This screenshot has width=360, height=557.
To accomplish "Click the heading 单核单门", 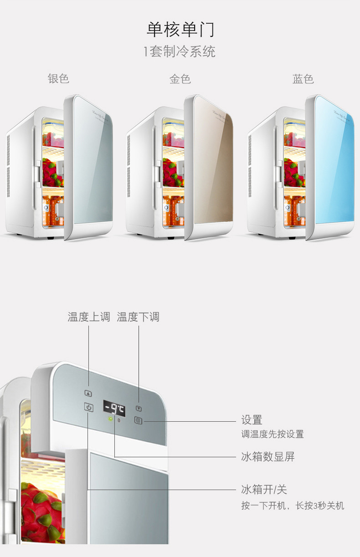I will click(180, 29).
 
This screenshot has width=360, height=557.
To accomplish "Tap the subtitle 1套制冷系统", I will click(180, 51).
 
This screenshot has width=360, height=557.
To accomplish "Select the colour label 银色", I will click(58, 78).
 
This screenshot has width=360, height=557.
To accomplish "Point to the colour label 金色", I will click(180, 79).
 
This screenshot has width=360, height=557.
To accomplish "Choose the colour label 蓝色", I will click(303, 79).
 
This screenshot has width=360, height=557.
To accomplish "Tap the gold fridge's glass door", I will click(211, 164).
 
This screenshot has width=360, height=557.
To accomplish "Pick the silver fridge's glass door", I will click(90, 164).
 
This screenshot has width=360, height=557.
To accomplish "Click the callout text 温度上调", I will click(89, 317).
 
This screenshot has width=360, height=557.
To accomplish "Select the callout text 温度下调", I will click(138, 317).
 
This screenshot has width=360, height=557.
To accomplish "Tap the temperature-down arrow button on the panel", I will click(139, 409).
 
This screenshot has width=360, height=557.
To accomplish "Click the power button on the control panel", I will click(89, 408).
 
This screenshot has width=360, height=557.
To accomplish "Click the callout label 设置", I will click(252, 420).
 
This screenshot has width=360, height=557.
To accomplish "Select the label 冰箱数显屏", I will click(268, 457).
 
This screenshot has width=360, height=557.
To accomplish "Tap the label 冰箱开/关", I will click(264, 490).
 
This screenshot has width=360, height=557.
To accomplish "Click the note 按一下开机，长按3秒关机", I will click(293, 506).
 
